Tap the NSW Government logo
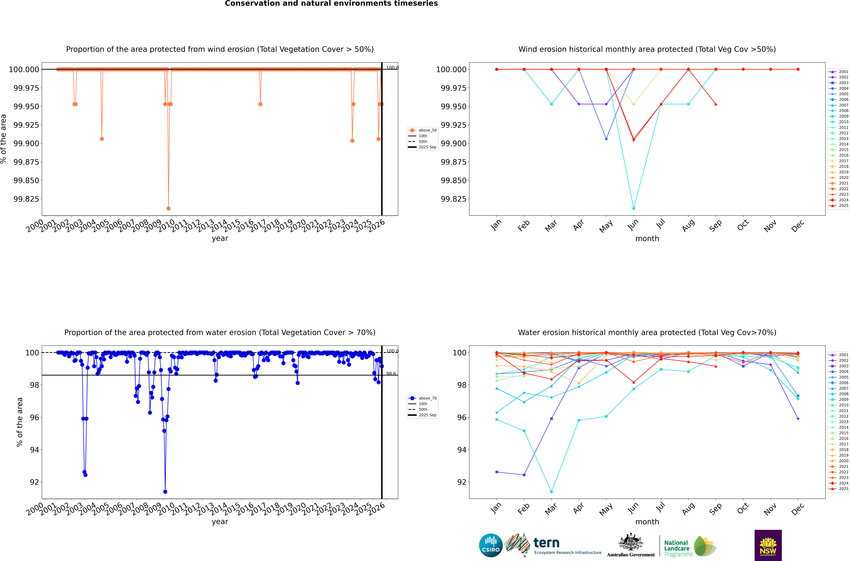pos(768,545)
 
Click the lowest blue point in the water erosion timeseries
pos(165,492)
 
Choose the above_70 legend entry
pos(423,398)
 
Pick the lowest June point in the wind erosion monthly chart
pos(634,208)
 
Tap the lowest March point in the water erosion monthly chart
pos(551,492)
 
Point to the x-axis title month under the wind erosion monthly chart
pos(647,239)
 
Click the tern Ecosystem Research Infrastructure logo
pos(553,545)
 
